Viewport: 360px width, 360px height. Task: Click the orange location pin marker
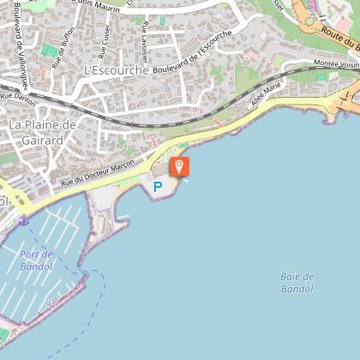click(180, 167)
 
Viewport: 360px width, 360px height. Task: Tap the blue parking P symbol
click(157, 186)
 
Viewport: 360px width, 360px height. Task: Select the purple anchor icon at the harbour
click(24, 220)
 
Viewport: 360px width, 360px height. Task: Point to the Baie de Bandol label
click(297, 282)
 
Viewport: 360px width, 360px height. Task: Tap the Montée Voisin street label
click(337, 63)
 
